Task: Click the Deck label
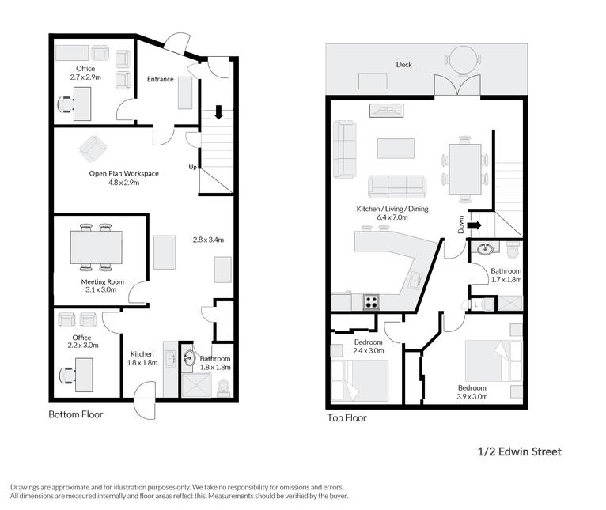404,65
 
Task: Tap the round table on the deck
463,59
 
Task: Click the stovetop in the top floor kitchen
371,302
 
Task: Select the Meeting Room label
102,281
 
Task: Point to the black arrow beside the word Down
474,225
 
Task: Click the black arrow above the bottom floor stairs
219,112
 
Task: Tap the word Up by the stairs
192,167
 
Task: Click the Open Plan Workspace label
123,173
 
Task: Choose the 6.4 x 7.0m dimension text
392,217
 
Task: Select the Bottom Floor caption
76,414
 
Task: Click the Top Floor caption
347,417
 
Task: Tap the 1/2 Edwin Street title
520,451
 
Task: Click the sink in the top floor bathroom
485,249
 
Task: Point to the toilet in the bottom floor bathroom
224,388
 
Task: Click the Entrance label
160,79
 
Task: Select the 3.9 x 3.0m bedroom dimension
472,396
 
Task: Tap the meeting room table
97,247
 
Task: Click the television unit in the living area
387,111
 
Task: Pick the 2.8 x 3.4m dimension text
208,240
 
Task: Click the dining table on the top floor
465,169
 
